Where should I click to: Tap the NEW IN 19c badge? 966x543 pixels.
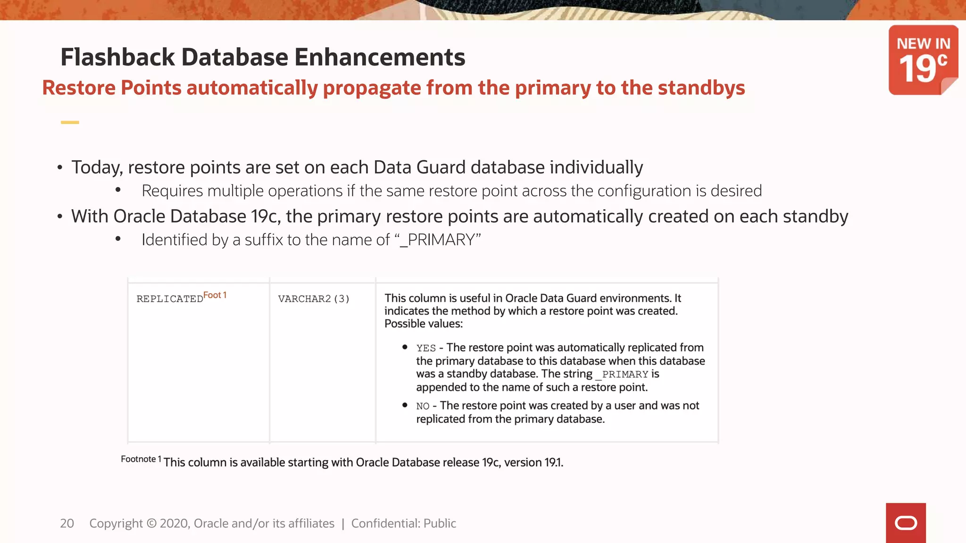(923, 60)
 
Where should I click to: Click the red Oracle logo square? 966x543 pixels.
(906, 523)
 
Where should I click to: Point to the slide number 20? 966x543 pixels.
(67, 523)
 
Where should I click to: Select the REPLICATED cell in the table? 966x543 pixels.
(170, 299)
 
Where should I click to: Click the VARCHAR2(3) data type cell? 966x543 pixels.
(314, 299)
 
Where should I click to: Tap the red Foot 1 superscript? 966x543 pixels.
(215, 295)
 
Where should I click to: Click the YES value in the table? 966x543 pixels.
(426, 348)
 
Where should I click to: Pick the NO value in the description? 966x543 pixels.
(423, 406)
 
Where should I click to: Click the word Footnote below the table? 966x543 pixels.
(138, 459)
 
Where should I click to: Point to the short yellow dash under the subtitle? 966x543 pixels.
(70, 123)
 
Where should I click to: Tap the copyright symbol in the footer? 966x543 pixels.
(151, 523)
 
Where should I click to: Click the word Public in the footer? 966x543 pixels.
(440, 523)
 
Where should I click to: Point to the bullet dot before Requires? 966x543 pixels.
(118, 190)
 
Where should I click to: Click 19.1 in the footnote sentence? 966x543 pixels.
(553, 462)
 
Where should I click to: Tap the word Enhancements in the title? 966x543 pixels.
(380, 58)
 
